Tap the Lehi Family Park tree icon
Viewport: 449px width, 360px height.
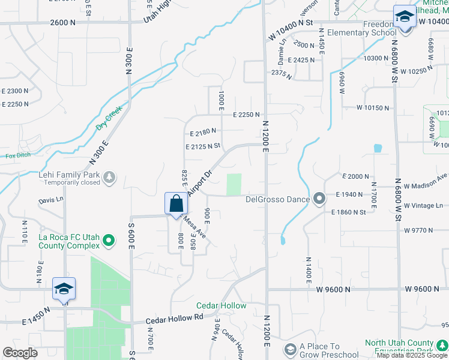pos(109,176)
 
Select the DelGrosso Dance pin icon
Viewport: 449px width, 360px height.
pos(319,198)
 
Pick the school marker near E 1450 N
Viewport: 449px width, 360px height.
pos(64,289)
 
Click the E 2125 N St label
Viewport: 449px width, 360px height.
pos(203,146)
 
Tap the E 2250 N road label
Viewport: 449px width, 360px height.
pos(246,115)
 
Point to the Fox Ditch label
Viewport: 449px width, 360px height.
pos(18,156)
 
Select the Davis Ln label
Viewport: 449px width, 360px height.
pos(51,200)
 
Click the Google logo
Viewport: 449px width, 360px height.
pos(20,352)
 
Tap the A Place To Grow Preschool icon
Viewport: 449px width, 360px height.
pos(290,349)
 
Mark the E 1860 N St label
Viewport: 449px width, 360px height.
pos(348,212)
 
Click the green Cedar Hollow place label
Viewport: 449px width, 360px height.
pos(221,305)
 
